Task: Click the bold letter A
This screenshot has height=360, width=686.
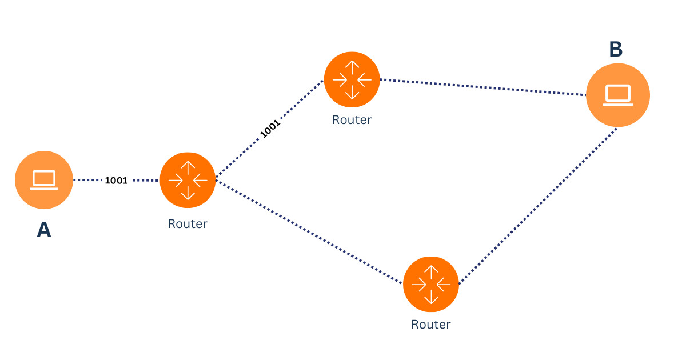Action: pyautogui.click(x=44, y=230)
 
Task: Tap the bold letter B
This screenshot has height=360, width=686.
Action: pyautogui.click(x=616, y=50)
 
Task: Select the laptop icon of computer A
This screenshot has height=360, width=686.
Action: pyautogui.click(x=44, y=179)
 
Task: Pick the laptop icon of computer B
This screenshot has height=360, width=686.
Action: pyautogui.click(x=618, y=95)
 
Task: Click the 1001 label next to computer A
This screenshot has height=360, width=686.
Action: pyautogui.click(x=116, y=180)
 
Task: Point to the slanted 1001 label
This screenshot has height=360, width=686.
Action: pyautogui.click(x=270, y=129)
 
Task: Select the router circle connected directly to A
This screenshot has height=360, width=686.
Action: pyautogui.click(x=188, y=180)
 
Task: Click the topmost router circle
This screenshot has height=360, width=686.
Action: pyautogui.click(x=352, y=79)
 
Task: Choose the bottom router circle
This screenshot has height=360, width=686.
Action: pyautogui.click(x=431, y=284)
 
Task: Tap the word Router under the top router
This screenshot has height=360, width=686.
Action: pyautogui.click(x=352, y=120)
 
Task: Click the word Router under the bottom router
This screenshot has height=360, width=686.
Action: pyautogui.click(x=431, y=325)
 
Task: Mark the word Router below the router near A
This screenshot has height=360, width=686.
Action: pyautogui.click(x=188, y=223)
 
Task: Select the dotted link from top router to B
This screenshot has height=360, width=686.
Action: pyautogui.click(x=483, y=87)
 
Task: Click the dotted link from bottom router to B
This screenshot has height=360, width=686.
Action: pyautogui.click(x=537, y=206)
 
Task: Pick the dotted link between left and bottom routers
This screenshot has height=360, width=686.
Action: pyautogui.click(x=309, y=231)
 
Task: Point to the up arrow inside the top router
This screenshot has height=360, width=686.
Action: pyautogui.click(x=352, y=67)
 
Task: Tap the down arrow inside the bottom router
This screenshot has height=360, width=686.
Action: pyautogui.click(x=431, y=297)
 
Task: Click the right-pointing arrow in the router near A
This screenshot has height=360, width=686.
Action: pyautogui.click(x=176, y=180)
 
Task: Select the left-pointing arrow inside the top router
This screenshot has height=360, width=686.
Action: pyautogui.click(x=364, y=79)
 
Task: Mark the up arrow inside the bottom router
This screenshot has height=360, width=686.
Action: pyautogui.click(x=431, y=271)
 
